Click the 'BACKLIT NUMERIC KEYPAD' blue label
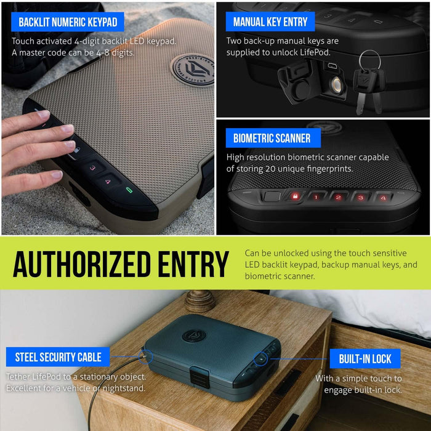pos(67,22)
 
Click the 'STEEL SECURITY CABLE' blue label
pos(58,357)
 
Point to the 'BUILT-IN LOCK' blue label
pos(365,359)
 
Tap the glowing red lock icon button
pos(294,197)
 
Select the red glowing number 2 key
pos(338,197)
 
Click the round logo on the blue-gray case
pos(193,336)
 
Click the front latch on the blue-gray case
pos(198,374)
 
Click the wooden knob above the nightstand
pos(200,300)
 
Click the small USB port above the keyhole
pos(331,65)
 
